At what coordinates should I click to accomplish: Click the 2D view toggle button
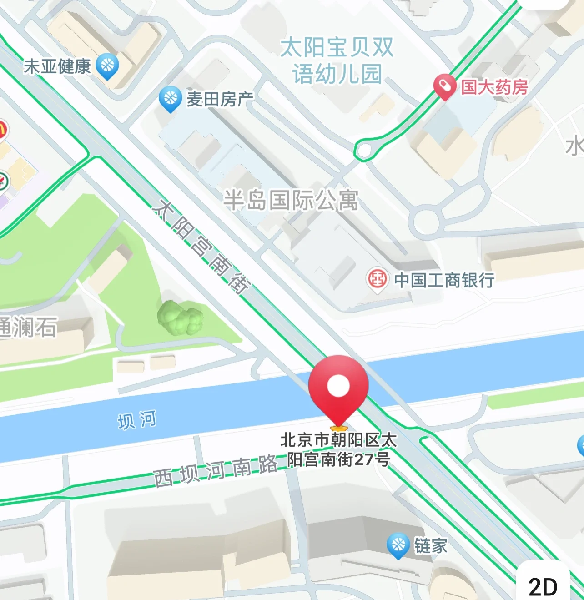click(x=543, y=586)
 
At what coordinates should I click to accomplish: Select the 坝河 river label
click(x=137, y=420)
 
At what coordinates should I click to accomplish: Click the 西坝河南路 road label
click(x=216, y=471)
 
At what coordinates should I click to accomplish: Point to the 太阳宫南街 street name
click(x=201, y=247)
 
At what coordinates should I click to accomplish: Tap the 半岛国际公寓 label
click(x=291, y=200)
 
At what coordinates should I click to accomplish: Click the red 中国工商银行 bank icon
click(x=377, y=279)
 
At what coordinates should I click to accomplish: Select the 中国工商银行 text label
click(x=444, y=280)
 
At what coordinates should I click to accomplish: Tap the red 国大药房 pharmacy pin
click(x=444, y=86)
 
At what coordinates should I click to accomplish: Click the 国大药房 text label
click(x=494, y=87)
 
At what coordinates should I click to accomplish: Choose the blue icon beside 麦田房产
click(x=171, y=98)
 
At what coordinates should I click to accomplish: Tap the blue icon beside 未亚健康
click(x=108, y=66)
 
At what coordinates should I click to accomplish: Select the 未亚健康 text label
click(x=57, y=66)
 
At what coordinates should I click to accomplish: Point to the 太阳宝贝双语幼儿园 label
click(x=337, y=61)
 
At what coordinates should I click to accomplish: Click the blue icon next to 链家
click(x=398, y=545)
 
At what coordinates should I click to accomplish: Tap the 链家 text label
click(x=430, y=546)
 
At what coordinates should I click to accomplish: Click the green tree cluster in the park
click(x=179, y=317)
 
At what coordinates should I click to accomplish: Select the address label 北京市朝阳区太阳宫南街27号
click(x=338, y=449)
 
